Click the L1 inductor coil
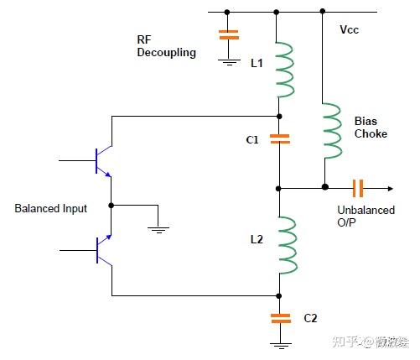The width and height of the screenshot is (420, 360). coord(285,70)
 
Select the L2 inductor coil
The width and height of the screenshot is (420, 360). coord(288,245)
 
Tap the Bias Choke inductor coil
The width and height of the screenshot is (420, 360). coord(333,131)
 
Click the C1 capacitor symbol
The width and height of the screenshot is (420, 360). coord(280,138)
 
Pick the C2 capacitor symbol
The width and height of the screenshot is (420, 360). coord(281,319)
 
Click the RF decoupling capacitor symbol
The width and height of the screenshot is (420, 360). coord(229,34)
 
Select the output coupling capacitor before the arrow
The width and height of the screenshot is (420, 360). coord(358,188)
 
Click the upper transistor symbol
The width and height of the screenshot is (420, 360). coord(104,161)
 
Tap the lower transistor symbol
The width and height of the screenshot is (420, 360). coord(104,250)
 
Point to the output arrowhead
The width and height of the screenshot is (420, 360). coord(391,189)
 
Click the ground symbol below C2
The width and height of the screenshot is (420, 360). coord(281,346)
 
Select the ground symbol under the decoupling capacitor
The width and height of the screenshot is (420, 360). coord(229,62)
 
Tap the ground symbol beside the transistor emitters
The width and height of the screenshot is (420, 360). coord(158,230)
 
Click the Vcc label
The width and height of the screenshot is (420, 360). coord(350,29)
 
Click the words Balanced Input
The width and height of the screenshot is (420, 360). coord(50,208)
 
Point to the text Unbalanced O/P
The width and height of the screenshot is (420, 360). coord(366,217)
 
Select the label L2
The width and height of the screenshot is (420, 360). coord(257,239)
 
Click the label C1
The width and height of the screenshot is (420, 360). coord(252,139)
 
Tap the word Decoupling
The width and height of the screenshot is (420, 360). coord(167,53)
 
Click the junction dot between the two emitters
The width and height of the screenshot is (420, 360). coord(111,206)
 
